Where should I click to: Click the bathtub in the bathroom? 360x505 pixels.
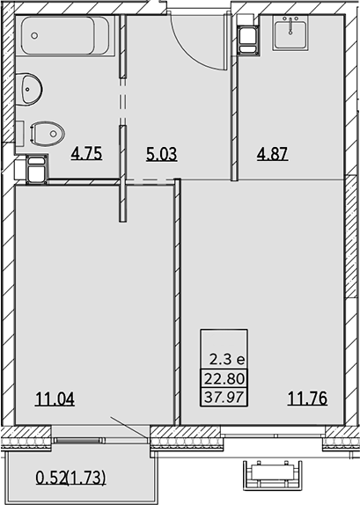point(65,36)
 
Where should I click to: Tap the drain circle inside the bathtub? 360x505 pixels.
point(34,35)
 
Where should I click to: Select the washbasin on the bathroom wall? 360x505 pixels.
point(31,89)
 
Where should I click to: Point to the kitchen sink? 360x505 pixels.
point(290,33)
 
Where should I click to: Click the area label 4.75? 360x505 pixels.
point(86,153)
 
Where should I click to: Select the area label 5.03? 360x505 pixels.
point(161,154)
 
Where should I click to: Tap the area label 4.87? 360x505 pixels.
point(272,154)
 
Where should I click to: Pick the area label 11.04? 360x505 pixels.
point(55,399)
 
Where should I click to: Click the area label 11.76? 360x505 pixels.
point(307,399)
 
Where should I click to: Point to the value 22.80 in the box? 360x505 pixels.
point(224,378)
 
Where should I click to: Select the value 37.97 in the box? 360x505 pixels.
point(224,397)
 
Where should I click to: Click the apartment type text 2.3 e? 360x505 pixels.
point(227,360)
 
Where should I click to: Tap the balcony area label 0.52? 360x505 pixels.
point(51,478)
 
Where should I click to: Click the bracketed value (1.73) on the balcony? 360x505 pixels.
point(86,478)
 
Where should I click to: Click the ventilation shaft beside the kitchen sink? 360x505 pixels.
point(248,40)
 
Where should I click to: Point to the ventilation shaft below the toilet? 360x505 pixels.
point(37,168)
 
